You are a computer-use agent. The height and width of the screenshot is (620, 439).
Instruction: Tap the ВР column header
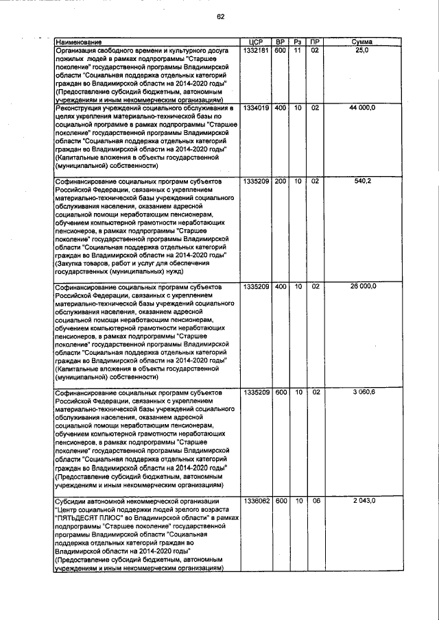coord(280,42)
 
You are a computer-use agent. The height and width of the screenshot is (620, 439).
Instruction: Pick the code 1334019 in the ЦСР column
coord(257,108)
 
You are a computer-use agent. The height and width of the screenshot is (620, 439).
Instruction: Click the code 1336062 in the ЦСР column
coord(257,501)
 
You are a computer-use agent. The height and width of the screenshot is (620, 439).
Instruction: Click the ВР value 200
coord(280,181)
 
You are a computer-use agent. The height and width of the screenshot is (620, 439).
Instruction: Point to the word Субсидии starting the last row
coord(73,501)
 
